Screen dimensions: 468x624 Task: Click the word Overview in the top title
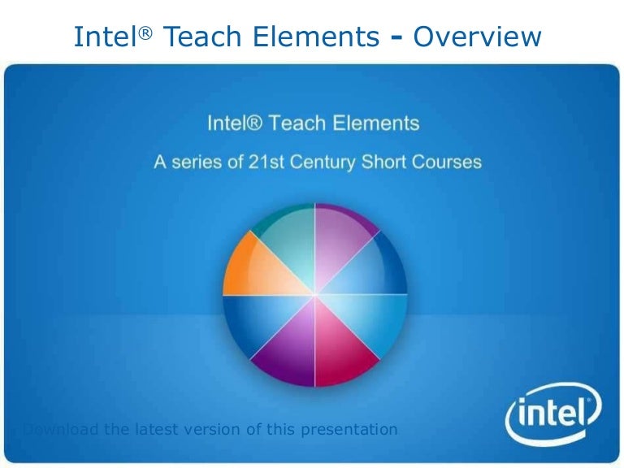477,36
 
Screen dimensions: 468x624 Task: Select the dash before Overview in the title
397,37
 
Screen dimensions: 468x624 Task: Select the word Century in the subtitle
331,162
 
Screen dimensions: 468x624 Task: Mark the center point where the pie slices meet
314,295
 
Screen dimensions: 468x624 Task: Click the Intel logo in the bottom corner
553,418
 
